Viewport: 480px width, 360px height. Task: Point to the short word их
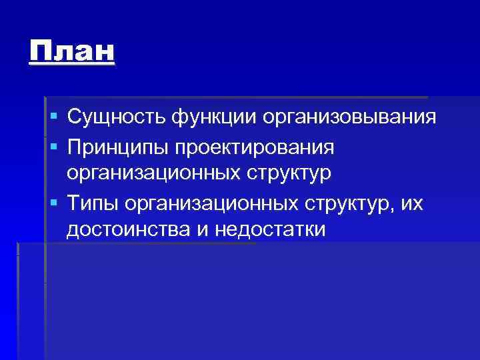click(413, 201)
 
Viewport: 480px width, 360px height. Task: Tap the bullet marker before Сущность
click(53, 118)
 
